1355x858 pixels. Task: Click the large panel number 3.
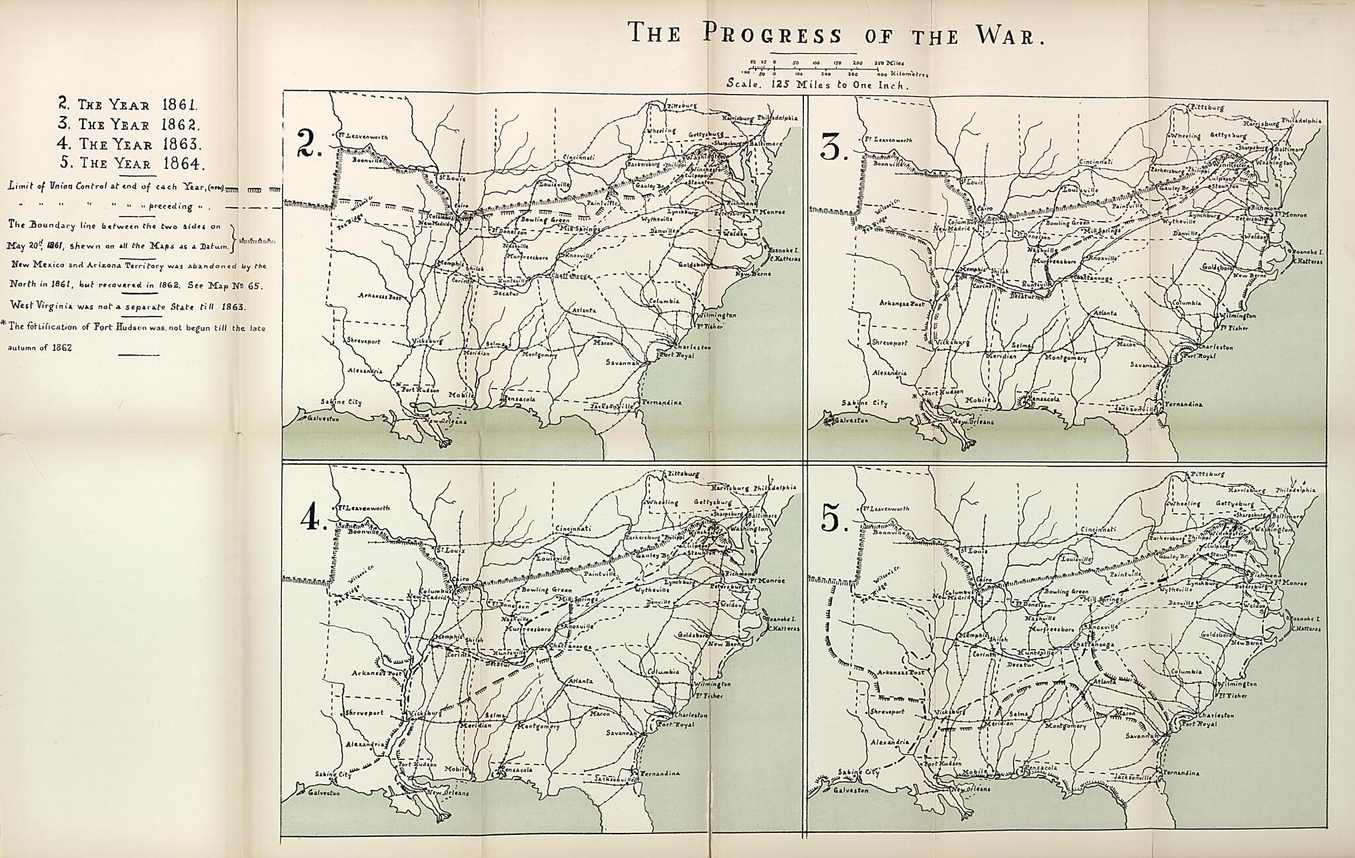pyautogui.click(x=831, y=147)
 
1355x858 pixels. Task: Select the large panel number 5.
pyautogui.click(x=831, y=518)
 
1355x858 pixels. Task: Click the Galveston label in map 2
pyautogui.click(x=323, y=419)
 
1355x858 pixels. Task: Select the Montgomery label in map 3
pyautogui.click(x=1066, y=358)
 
